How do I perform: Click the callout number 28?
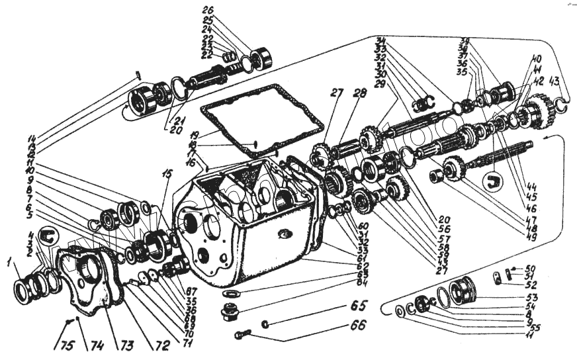pos(359,95)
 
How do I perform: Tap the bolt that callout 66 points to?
pos(243,335)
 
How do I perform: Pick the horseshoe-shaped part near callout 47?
pos(491,181)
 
